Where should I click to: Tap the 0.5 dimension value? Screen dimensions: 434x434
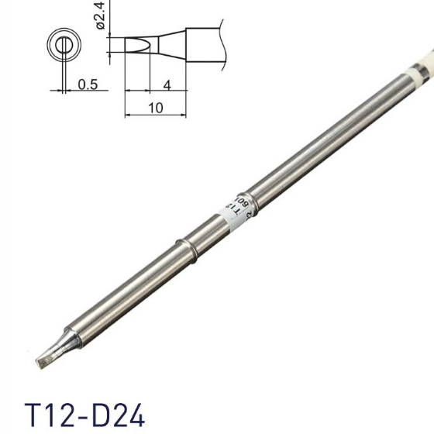point(87,85)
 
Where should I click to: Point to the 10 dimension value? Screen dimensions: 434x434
point(156,108)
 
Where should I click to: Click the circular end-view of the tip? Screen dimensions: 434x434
point(60,44)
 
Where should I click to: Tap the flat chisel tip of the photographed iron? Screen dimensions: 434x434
point(43,359)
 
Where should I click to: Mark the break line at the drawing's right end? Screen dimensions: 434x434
point(224,43)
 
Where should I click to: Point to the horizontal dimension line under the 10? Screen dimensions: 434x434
point(156,117)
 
